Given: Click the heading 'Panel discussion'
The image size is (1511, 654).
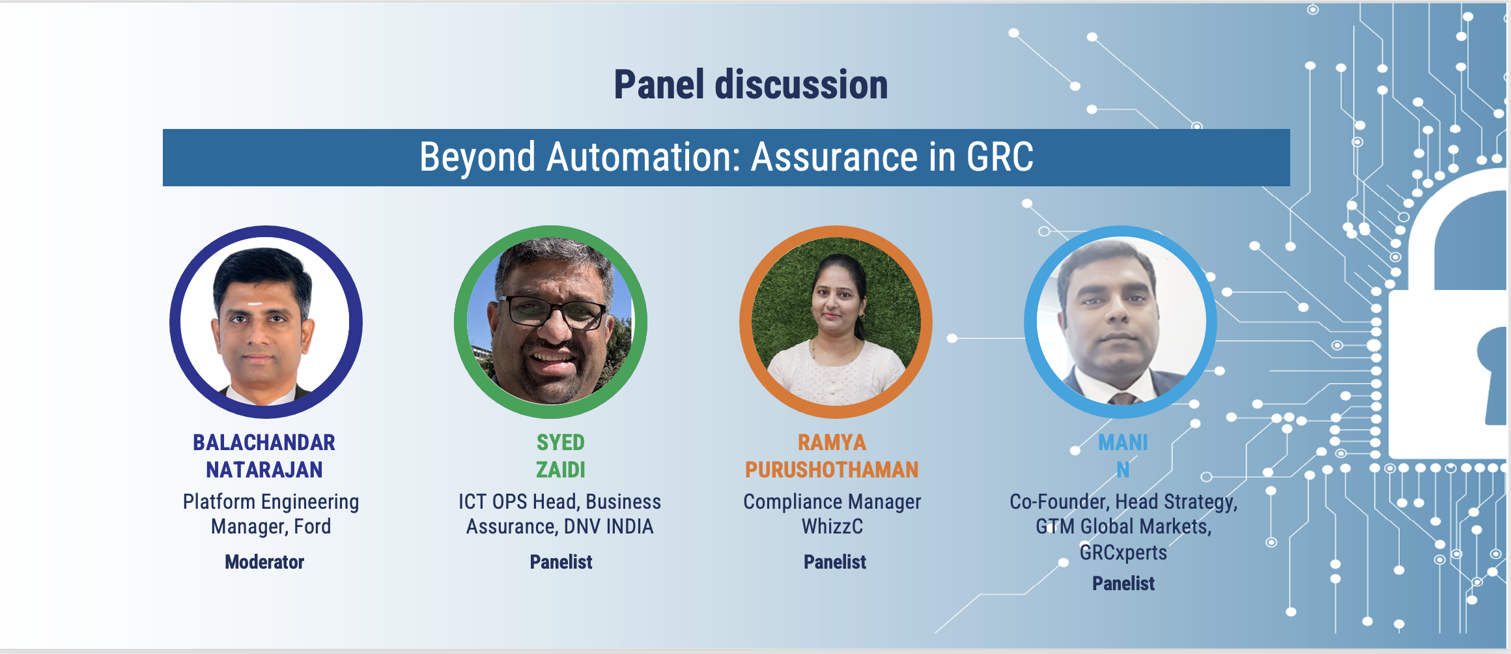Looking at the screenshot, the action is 751,85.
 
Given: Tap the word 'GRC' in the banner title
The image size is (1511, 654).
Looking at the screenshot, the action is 1000,157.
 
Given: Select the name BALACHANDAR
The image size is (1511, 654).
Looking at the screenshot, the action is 264,443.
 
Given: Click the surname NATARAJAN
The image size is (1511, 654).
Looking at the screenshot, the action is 264,470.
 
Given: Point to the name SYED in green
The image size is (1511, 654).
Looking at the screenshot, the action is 560,443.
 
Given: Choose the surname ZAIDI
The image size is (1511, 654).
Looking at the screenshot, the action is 560,470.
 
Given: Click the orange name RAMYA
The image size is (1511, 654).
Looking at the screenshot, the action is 832,443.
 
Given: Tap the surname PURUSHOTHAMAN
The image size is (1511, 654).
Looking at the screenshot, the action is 832,470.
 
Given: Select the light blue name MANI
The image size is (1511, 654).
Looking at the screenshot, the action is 1123,443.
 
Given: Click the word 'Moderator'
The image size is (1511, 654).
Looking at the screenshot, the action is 264,562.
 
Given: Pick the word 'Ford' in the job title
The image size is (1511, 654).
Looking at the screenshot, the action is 313,526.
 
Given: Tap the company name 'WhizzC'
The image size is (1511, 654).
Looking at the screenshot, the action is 832,526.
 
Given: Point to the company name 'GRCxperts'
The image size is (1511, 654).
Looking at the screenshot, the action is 1123,553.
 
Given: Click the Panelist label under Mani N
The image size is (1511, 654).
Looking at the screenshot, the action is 1123,584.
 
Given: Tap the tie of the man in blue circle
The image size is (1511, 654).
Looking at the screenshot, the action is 1123,398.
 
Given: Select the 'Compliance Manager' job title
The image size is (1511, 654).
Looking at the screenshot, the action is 832,502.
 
